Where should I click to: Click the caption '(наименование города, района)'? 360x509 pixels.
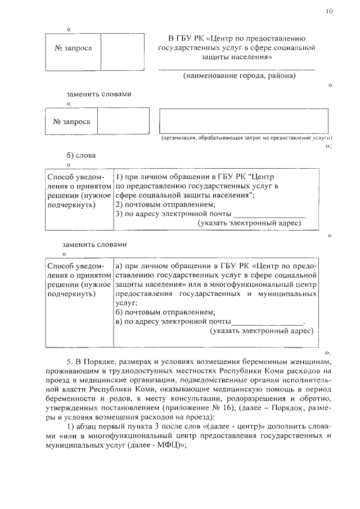(239, 75)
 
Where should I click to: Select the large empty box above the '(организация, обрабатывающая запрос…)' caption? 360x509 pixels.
(245, 121)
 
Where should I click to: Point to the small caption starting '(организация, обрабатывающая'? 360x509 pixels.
(246, 138)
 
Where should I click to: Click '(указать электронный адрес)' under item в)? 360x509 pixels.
(261, 331)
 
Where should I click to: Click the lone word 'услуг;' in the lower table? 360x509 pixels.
(126, 303)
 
